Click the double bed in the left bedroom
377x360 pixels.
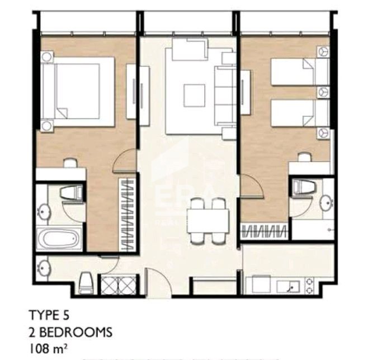click(77, 92)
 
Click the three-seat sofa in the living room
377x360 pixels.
click(225, 97)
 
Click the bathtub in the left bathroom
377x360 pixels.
click(59, 238)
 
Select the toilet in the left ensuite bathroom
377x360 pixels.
click(71, 193)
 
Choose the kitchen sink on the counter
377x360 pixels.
click(292, 286)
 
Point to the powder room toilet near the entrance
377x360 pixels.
click(86, 282)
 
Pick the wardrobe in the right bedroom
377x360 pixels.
click(265, 229)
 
